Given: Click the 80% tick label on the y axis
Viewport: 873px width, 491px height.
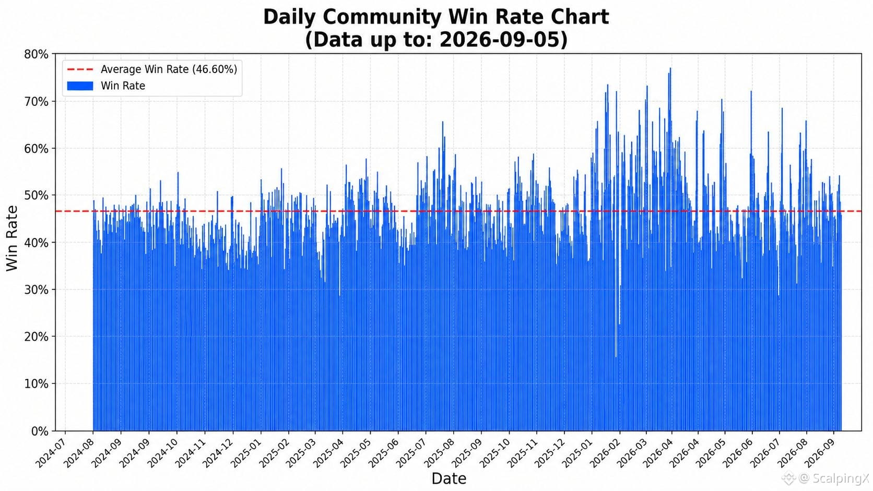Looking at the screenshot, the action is [x=36, y=54].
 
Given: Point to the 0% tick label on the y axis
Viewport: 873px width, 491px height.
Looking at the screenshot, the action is [x=40, y=431].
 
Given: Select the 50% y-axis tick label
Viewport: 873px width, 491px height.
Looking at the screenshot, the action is [x=36, y=195].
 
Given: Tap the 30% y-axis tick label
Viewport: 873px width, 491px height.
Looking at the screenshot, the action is [x=36, y=290].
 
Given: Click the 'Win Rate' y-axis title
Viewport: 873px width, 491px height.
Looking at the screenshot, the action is [x=12, y=238].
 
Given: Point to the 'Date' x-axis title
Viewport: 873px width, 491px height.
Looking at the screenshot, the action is [x=449, y=478].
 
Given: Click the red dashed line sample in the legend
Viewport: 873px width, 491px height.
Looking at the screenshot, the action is [x=80, y=69].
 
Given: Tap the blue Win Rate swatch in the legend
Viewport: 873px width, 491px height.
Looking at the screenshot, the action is [x=80, y=86].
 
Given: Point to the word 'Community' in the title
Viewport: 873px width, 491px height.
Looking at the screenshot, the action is [x=382, y=18].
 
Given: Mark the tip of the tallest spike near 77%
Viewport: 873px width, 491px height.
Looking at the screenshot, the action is [x=670, y=68].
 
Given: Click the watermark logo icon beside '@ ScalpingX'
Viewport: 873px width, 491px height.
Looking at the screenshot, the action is [x=789, y=478].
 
